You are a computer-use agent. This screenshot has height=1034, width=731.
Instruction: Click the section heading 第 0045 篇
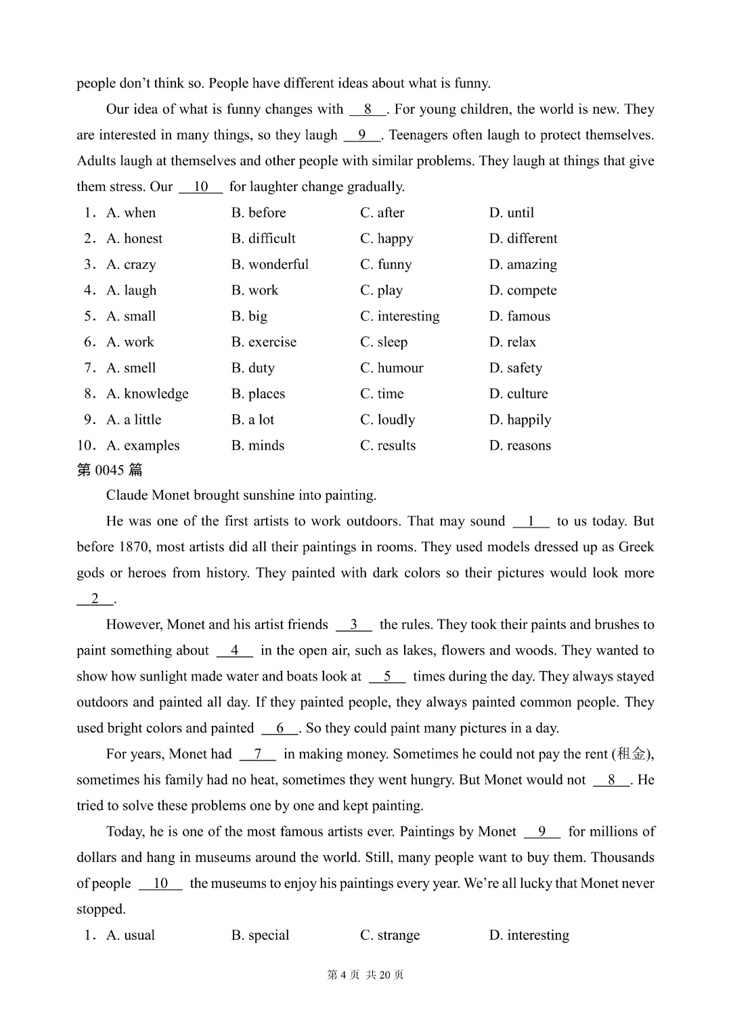pos(110,470)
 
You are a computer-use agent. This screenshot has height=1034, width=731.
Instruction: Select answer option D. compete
pos(523,290)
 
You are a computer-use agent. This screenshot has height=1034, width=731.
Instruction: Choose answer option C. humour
pos(391,368)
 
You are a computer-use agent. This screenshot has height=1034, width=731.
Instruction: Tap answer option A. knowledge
pos(147,393)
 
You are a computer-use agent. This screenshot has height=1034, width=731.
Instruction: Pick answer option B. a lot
pos(252,420)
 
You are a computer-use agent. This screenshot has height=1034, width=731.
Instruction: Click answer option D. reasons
pos(520,446)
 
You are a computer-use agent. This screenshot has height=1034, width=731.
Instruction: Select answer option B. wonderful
pos(269,264)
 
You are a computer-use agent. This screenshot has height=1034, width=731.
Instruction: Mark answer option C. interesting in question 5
pos(399,316)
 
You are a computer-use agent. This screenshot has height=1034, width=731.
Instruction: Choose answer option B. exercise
pos(263,342)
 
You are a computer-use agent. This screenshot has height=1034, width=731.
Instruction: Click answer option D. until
pos(511,213)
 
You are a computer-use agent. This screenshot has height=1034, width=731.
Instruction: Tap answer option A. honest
pos(134,238)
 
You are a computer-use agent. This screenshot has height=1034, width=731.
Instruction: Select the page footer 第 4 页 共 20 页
pos(365,975)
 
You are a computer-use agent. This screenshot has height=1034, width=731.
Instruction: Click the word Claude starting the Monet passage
pos(127,495)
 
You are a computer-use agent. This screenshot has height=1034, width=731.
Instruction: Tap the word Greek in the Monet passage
pos(636,547)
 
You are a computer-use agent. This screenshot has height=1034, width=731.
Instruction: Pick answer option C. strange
pos(390,935)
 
